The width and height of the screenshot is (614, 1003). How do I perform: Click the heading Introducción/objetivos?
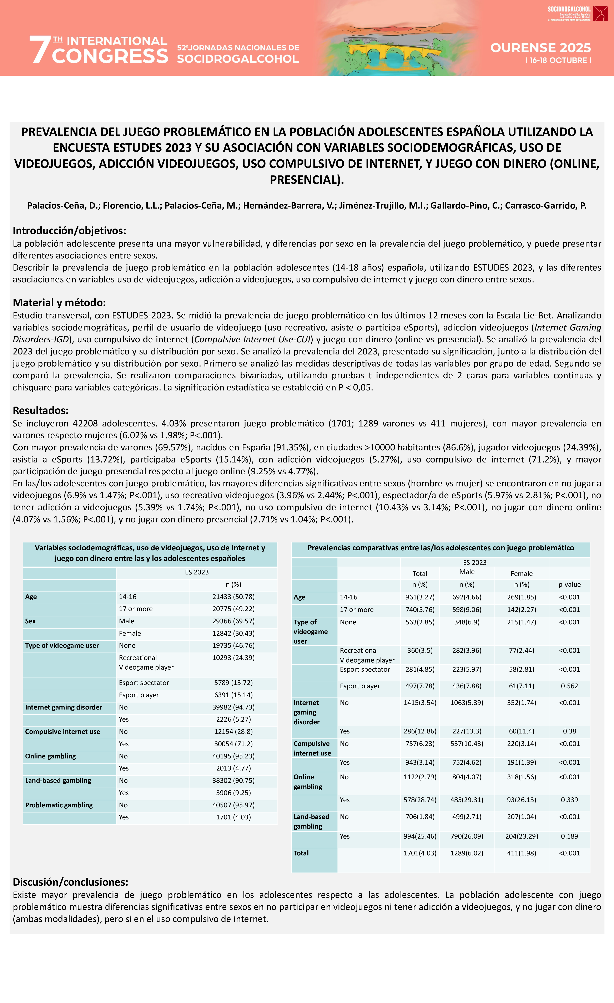[69, 230]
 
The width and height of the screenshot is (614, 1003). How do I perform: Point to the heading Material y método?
[59, 302]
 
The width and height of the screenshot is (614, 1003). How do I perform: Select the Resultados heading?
[40, 410]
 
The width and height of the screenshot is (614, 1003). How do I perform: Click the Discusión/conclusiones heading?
[70, 882]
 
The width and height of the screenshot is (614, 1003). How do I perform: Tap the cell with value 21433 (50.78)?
[233, 597]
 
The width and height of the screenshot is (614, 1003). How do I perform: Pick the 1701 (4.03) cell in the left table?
[233, 817]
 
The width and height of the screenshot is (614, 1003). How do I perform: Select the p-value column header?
[569, 584]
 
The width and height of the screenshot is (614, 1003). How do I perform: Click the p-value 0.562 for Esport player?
[569, 686]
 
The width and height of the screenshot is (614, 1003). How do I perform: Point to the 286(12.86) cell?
[420, 731]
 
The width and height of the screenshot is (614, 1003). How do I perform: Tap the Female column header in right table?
[522, 574]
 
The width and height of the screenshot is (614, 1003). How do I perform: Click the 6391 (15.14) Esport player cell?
[233, 695]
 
